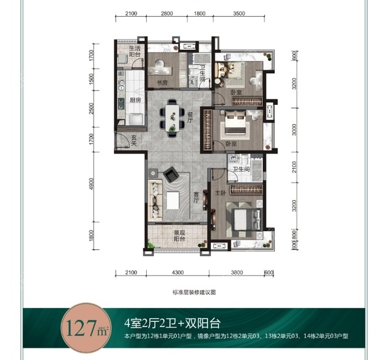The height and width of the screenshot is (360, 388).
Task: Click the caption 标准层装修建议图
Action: coord(193,293)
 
